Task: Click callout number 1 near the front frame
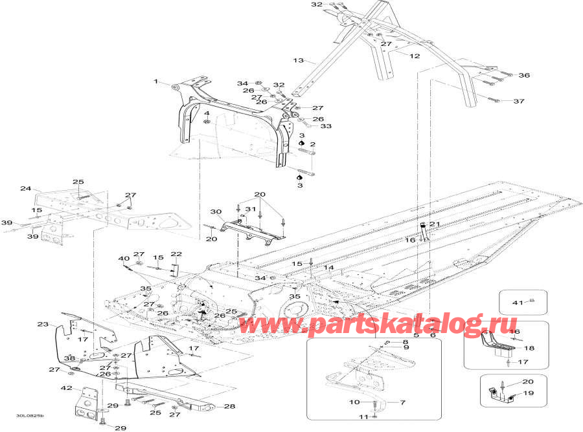(x=156, y=81)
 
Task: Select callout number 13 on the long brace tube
(x=299, y=60)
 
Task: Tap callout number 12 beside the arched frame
(x=415, y=56)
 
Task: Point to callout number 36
(x=524, y=75)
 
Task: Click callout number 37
(x=519, y=101)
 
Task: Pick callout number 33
(x=326, y=126)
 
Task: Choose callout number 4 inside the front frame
(x=207, y=113)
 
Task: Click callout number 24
(x=26, y=189)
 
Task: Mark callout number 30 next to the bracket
(x=216, y=212)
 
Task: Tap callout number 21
(x=435, y=224)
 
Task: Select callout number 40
(x=124, y=259)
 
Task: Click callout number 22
(x=176, y=254)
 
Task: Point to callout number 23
(x=43, y=324)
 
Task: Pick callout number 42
(x=67, y=388)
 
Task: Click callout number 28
(x=230, y=406)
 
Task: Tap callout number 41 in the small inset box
(x=518, y=303)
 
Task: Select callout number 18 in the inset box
(x=529, y=348)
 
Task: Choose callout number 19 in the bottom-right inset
(x=529, y=393)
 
